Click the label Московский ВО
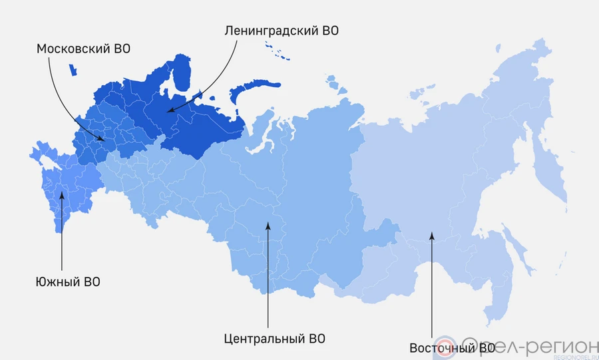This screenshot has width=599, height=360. pos(83,49)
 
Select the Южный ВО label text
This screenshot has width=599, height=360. pos(67,281)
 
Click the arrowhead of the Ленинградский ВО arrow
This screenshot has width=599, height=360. pos(167,111)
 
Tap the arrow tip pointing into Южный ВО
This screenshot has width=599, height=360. pos(62,192)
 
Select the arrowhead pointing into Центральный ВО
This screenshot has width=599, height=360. pos(268,224)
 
